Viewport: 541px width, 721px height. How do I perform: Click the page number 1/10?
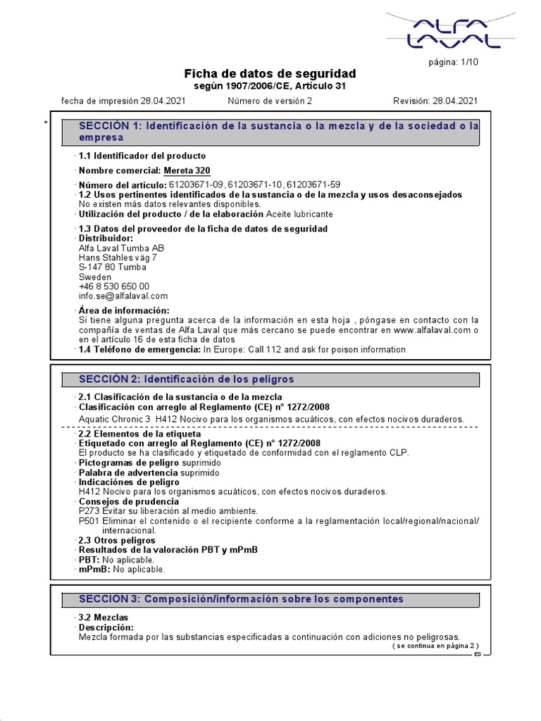[x=453, y=63]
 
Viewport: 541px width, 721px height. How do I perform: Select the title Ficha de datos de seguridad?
[x=270, y=74]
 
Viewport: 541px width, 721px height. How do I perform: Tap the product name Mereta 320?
[x=187, y=170]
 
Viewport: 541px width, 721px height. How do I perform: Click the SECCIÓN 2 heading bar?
[x=271, y=380]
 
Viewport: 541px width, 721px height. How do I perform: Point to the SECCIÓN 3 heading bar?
[x=271, y=599]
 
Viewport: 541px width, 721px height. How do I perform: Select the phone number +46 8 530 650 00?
[x=113, y=287]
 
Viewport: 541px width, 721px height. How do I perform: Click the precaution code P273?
[x=89, y=511]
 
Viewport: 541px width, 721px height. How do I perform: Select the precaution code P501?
[x=89, y=521]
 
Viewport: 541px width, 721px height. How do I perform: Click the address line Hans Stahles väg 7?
[x=118, y=258]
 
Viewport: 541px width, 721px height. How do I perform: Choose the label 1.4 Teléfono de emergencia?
[x=139, y=349]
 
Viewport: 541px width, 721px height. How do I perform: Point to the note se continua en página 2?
[x=435, y=646]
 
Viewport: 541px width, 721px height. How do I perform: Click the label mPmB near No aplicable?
[x=94, y=569]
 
